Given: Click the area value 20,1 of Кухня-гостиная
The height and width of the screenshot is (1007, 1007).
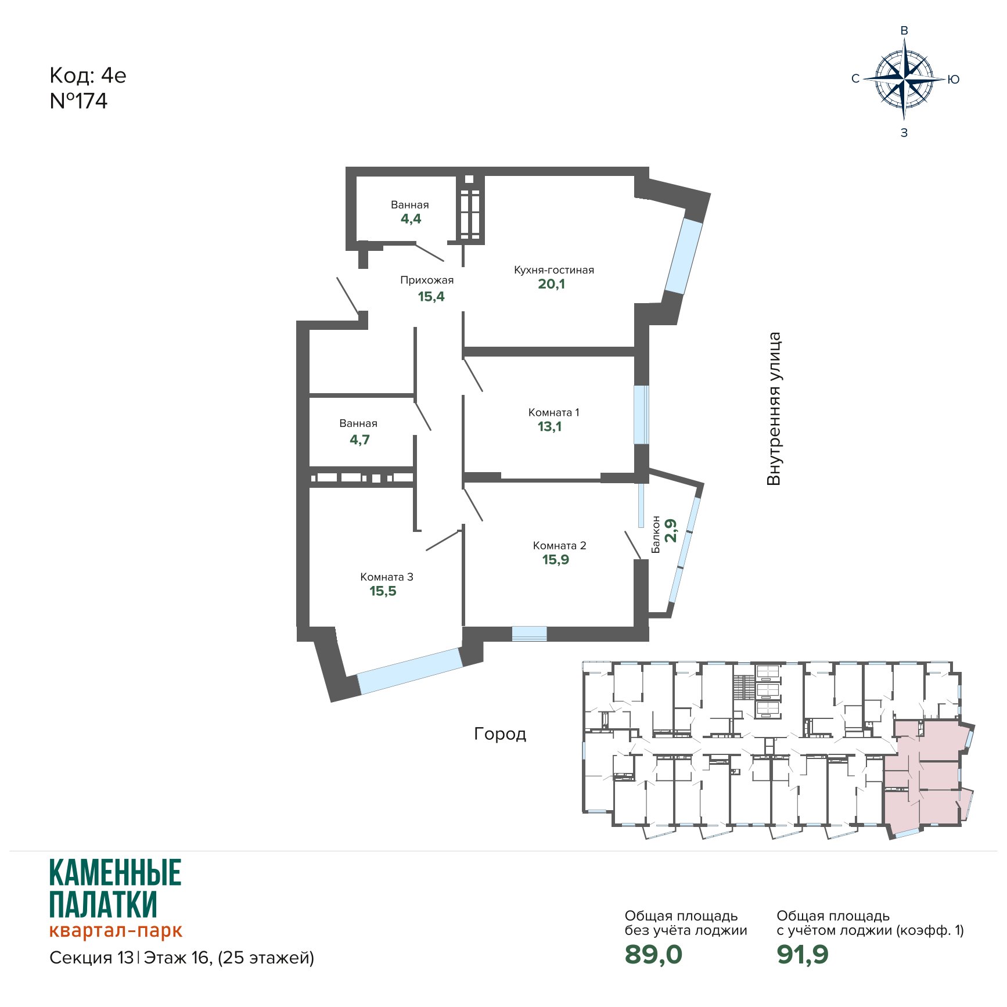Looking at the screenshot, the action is tap(551, 284).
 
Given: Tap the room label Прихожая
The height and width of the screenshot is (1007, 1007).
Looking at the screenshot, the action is tap(427, 280).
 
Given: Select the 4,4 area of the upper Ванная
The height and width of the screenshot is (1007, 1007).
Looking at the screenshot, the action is tap(411, 219).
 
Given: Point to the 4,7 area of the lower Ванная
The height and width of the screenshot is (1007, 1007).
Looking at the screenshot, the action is tap(359, 440).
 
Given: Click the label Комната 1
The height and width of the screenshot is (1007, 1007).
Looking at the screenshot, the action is tap(553, 412).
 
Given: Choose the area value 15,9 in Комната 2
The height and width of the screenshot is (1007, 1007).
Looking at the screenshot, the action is tap(556, 560).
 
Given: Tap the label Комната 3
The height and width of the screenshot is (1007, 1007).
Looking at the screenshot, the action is tap(387, 577).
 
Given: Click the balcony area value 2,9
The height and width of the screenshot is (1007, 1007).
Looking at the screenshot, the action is tap(671, 530).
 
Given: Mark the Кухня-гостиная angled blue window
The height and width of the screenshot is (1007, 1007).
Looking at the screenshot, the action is tap(684, 256).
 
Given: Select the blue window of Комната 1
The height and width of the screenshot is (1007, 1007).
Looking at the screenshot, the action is tap(641, 415).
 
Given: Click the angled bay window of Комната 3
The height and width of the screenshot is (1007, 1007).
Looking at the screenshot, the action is tap(410, 671).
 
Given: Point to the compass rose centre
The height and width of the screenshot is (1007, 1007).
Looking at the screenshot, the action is tap(904, 79).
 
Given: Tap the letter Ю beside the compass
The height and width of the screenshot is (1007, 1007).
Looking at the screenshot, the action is tap(954, 80).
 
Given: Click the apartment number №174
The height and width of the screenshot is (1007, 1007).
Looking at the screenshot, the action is tap(78, 101).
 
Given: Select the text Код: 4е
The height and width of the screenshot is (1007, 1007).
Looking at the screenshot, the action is tap(88, 75).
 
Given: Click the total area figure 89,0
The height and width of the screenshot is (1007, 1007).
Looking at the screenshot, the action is tap(653, 954).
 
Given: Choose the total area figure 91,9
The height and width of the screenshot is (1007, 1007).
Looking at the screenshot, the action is tap(803, 954).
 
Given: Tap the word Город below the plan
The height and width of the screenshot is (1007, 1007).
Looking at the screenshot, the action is tap(500, 734).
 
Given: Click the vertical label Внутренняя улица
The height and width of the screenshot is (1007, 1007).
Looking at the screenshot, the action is tap(774, 409).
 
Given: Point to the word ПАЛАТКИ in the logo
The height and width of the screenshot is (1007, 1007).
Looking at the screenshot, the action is tap(103, 904).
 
